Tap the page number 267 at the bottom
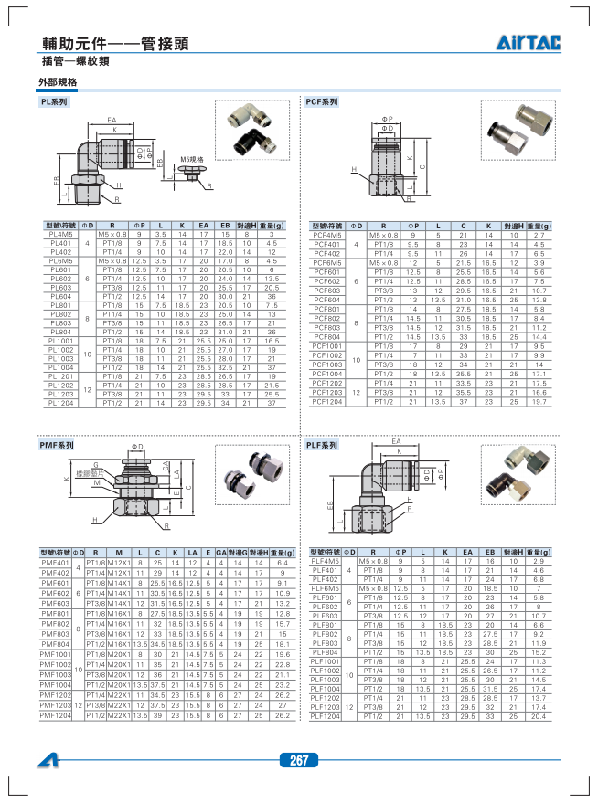pyautogui.click(x=298, y=760)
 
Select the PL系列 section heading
pyautogui.click(x=54, y=102)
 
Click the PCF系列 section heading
pyautogui.click(x=321, y=102)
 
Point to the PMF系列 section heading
pyautogui.click(x=57, y=445)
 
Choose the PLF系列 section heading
pyautogui.click(x=321, y=445)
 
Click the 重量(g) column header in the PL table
pyautogui.click(x=272, y=225)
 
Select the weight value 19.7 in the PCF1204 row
pyautogui.click(x=539, y=402)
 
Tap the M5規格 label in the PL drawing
pyautogui.click(x=191, y=159)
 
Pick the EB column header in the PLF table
pyautogui.click(x=490, y=553)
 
